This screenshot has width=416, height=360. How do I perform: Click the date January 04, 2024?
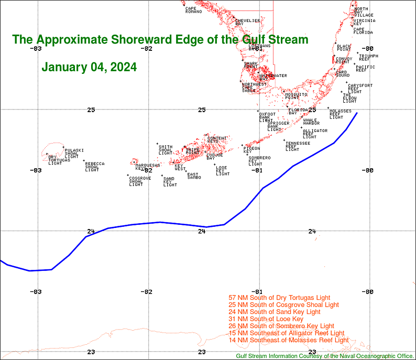(89, 67)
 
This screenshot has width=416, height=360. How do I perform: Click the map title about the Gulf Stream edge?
(160, 40)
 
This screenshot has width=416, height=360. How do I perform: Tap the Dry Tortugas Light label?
(55, 160)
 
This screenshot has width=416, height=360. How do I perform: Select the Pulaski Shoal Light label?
(71, 153)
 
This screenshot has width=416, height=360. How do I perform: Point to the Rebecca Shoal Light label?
(94, 167)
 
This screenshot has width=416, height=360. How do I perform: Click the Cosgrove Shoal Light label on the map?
(140, 181)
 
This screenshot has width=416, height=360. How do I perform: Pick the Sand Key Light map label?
(170, 182)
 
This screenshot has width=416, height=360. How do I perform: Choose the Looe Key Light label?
(222, 170)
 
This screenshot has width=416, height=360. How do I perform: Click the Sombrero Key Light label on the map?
(259, 161)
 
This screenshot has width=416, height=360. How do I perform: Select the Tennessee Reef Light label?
(297, 146)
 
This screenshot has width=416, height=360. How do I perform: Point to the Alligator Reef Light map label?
(315, 134)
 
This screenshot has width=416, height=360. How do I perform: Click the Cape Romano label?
(193, 10)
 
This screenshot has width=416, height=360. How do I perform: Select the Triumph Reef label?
(368, 58)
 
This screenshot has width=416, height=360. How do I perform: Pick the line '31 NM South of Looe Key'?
(266, 319)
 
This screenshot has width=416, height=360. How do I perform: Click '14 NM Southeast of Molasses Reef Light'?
(289, 340)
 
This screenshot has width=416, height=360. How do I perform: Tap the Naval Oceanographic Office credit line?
(325, 356)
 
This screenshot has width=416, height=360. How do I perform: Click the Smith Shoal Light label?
(166, 149)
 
